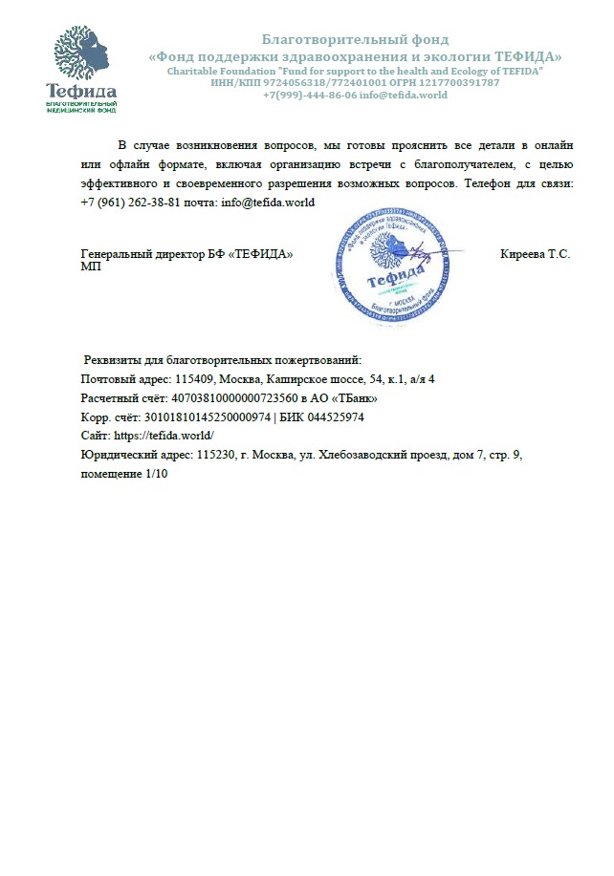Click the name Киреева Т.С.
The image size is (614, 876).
(x=535, y=254)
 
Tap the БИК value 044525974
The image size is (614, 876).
(x=336, y=417)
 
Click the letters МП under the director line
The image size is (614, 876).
(x=91, y=267)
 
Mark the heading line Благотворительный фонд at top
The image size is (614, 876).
(x=355, y=40)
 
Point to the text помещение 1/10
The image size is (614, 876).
(x=123, y=475)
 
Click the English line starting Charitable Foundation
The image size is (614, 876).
(x=355, y=72)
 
